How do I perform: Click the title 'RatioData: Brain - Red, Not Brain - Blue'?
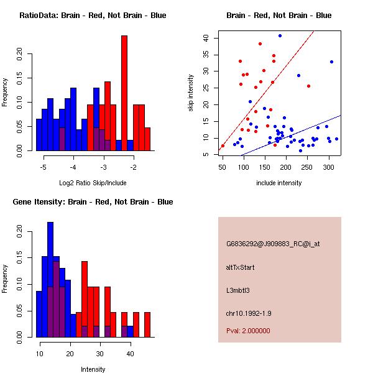93,16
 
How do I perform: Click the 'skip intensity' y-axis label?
191,93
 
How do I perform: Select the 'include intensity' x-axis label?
279,183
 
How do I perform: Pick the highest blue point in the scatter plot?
280,36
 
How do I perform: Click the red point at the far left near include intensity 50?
223,146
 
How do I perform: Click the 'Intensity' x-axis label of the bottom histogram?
93,369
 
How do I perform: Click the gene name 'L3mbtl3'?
238,290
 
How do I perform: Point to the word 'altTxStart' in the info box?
241,267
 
